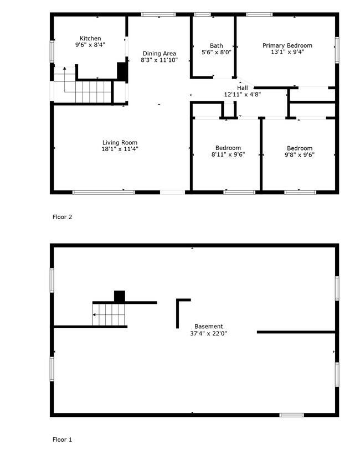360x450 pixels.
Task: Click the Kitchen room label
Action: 90,39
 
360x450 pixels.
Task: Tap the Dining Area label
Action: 159,54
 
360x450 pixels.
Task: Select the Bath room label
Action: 216,46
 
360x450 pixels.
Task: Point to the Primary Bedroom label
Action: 287,45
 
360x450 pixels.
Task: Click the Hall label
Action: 243,88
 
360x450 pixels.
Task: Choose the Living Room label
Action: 120,143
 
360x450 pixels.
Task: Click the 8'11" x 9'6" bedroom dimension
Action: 228,155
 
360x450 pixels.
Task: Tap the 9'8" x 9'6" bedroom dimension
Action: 299,155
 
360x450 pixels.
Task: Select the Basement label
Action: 208,327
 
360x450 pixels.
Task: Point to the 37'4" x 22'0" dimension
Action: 208,334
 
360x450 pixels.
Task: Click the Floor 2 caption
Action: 62,217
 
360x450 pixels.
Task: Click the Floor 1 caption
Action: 62,440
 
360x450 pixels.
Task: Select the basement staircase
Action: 110,315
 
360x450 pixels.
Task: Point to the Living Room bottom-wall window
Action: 104,192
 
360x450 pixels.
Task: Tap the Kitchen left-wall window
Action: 53,53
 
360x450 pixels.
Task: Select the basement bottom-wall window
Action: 291,415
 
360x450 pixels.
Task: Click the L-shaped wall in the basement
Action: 179,310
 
